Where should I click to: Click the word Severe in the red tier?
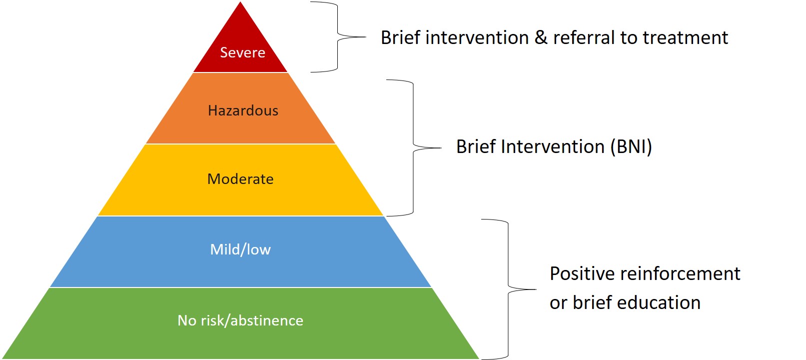tap(242, 52)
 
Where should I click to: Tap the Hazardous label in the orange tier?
tap(243, 110)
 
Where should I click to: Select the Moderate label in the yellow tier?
tap(240, 179)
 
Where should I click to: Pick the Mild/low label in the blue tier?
tap(240, 249)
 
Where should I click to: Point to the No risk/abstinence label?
tap(240, 320)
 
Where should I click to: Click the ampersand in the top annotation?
tap(541, 37)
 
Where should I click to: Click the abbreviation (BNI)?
tap(631, 147)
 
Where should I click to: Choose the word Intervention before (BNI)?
tap(553, 147)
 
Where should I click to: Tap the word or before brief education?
tap(559, 303)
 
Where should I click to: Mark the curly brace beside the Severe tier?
tap(337, 37)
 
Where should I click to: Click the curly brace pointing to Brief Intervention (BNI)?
tap(413, 147)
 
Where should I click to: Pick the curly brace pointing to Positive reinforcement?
tap(508, 289)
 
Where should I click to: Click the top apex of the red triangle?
tap(240, 2)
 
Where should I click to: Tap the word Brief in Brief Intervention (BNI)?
tap(476, 147)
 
